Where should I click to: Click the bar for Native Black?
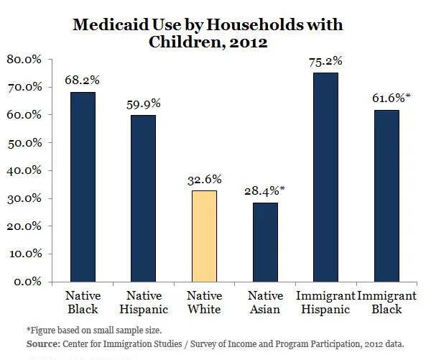click(82, 187)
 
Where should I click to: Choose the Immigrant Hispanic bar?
click(325, 177)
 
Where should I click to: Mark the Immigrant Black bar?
click(386, 195)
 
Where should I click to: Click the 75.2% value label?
click(325, 61)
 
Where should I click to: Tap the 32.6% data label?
click(204, 179)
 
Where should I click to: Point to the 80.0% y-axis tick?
click(27, 59)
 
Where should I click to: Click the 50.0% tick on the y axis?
click(27, 142)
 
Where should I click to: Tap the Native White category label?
click(204, 302)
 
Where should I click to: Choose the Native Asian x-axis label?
click(264, 302)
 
